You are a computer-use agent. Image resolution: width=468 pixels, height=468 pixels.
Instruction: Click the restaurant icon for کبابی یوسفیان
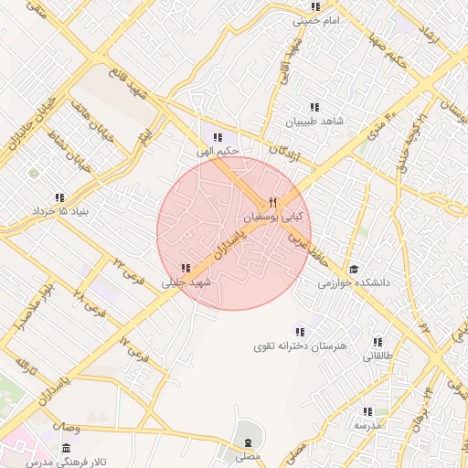[x=272, y=202]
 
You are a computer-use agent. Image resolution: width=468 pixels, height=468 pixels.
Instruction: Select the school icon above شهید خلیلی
[x=186, y=268]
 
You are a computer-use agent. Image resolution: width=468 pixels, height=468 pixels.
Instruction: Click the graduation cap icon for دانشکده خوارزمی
[x=354, y=269]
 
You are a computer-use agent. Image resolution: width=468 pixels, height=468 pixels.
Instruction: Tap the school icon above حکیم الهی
[x=218, y=136]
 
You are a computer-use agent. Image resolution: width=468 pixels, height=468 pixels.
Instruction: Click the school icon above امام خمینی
[x=315, y=6]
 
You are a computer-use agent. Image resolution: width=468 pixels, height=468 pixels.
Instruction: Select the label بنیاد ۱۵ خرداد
[x=59, y=212]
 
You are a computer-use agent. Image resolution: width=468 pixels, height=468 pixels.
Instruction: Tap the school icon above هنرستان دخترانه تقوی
[x=300, y=331]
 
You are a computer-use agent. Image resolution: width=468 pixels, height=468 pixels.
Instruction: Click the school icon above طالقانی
[x=378, y=342]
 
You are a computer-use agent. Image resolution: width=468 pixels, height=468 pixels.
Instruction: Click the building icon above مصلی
[x=247, y=441]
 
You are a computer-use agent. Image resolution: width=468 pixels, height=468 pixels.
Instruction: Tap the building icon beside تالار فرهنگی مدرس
[x=66, y=449]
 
